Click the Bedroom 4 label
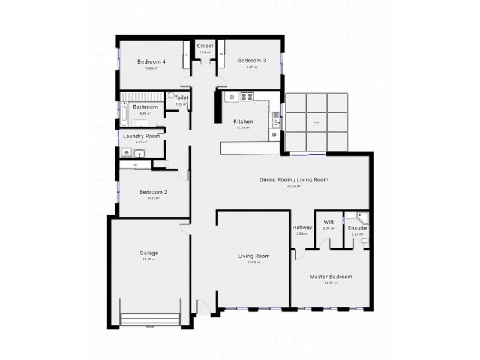(x=151, y=61)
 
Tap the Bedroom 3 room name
(x=251, y=61)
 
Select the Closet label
(x=205, y=46)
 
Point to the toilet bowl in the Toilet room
(x=172, y=95)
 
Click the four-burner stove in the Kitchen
(x=247, y=96)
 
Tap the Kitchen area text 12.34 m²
(x=242, y=128)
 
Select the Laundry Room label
(x=142, y=136)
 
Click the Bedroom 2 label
(x=153, y=192)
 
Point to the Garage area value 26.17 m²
(x=148, y=260)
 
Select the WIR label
(x=328, y=222)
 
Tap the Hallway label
(x=302, y=227)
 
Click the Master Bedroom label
(x=331, y=277)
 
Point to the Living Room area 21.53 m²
(x=253, y=263)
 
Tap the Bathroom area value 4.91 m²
(x=145, y=113)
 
